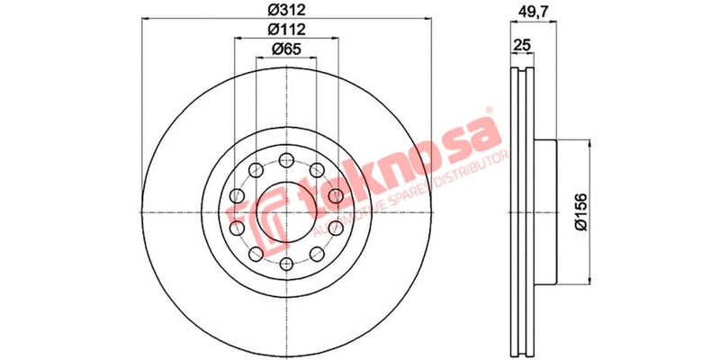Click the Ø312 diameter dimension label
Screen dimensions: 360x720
pos(286,11)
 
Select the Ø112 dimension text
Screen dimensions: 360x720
pos(286,30)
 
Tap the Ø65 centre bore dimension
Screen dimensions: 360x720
pos(286,49)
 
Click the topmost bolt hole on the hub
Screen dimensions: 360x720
pos(286,160)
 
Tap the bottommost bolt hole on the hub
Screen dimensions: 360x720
pos(286,264)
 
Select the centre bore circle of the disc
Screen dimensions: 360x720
pos(286,212)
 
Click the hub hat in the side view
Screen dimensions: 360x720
pos(547,211)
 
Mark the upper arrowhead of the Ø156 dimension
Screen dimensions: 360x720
pos(590,143)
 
